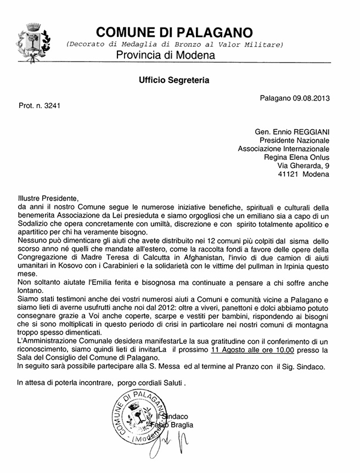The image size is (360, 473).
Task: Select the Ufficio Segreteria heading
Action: (174, 80)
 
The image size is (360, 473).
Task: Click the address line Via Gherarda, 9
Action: (303, 165)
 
